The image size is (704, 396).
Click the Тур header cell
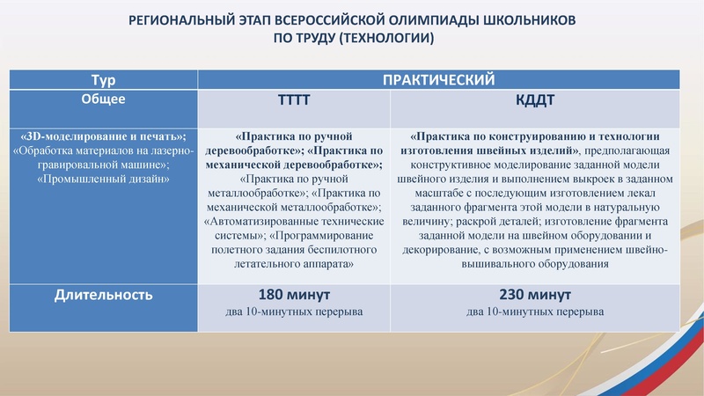104,80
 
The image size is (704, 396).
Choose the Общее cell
104,99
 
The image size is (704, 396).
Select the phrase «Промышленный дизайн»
104,179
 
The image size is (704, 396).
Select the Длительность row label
104,295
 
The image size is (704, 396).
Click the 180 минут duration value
293,294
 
